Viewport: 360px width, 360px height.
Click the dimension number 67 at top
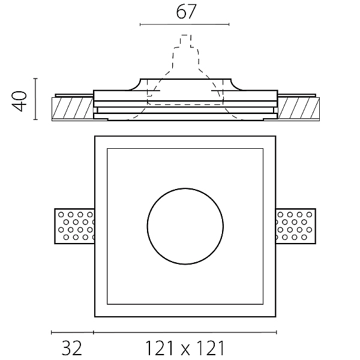[186, 12]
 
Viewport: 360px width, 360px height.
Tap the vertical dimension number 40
[19, 101]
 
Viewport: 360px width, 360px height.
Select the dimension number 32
[71, 348]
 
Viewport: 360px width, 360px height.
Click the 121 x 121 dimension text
[185, 348]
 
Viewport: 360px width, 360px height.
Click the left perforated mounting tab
[74, 226]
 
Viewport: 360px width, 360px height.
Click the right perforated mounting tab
[296, 226]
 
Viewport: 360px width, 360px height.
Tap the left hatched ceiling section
[73, 108]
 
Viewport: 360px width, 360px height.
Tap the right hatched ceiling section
[298, 108]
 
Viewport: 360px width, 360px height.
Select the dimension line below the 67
[185, 24]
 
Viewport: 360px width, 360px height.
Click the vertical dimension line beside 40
[35, 99]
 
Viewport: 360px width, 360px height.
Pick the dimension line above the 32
[73, 332]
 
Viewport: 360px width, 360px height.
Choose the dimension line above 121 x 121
[185, 332]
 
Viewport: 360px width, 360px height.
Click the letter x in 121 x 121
[185, 350]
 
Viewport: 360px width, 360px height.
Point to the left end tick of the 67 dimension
[140, 24]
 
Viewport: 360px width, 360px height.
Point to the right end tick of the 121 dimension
[277, 332]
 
